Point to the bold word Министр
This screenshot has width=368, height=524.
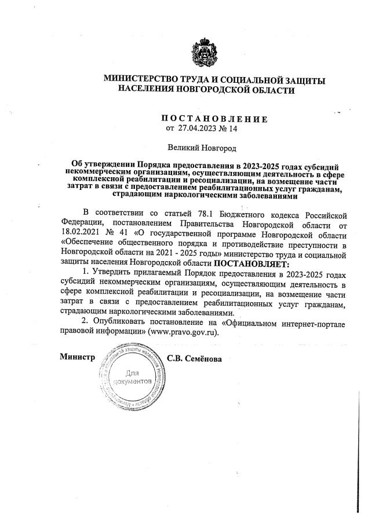(x=77, y=357)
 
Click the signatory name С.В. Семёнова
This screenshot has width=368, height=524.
(x=194, y=358)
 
